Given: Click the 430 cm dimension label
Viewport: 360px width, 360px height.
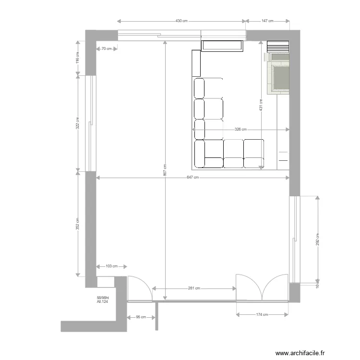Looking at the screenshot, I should tap(181, 21).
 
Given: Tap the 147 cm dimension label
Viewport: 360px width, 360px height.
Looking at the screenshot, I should tap(267, 21).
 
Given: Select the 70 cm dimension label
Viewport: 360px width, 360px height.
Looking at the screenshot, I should tap(106, 48).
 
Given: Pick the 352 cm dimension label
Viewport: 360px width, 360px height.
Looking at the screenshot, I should tap(77, 224).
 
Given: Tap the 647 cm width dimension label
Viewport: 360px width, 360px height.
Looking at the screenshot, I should tap(192, 178).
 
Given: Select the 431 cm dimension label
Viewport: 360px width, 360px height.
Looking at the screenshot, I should tap(261, 105).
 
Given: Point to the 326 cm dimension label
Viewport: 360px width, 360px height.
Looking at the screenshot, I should tap(240, 130).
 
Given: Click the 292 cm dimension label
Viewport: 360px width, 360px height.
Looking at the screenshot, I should tap(317, 239).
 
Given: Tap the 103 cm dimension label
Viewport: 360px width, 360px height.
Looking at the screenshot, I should tap(111, 266).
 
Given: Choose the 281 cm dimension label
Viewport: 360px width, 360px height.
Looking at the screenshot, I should tap(194, 288).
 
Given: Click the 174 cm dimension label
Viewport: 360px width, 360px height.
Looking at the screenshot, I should tap(262, 314).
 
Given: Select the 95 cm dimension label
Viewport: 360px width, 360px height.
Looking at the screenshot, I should tap(141, 317).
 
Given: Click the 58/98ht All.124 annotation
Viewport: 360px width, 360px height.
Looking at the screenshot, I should tap(103, 300).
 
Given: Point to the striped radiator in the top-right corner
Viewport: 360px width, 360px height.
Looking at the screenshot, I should tap(278, 46).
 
